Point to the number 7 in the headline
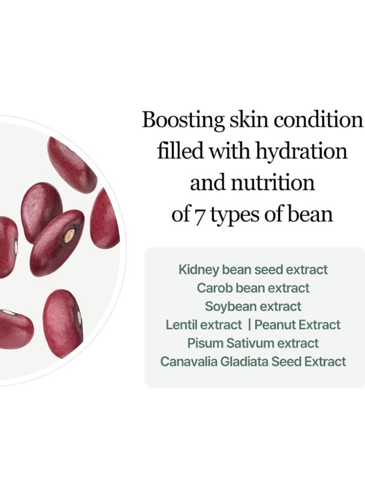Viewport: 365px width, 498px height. (x=198, y=215)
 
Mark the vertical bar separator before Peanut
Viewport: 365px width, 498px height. (x=249, y=324)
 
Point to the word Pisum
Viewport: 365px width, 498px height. (x=205, y=343)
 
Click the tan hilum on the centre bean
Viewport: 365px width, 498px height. (x=70, y=236)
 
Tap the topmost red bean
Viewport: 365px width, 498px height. (x=72, y=165)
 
